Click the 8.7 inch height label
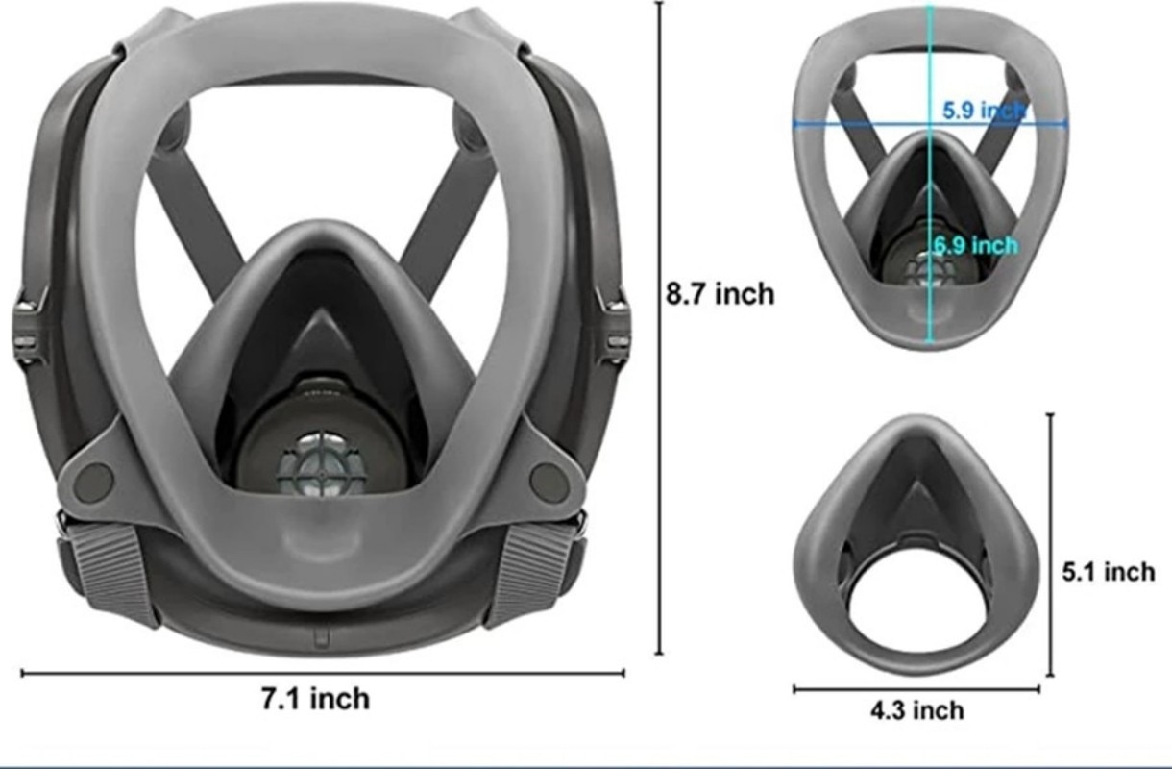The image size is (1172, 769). [720, 293]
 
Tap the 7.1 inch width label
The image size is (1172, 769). [315, 699]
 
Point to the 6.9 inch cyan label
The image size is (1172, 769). [975, 246]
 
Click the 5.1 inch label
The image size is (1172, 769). [1108, 572]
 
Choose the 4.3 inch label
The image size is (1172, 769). [916, 711]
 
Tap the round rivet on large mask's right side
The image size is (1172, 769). [549, 480]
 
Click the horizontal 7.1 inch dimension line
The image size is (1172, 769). [192, 674]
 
